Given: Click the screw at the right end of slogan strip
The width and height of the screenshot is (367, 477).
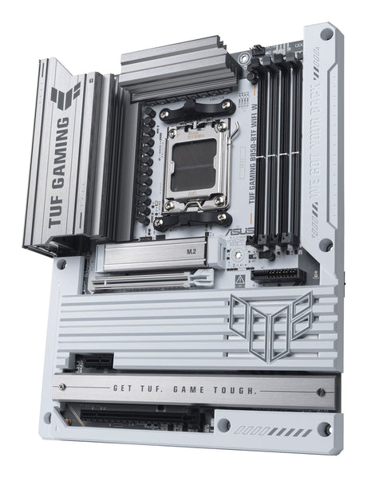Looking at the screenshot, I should [x=321, y=392].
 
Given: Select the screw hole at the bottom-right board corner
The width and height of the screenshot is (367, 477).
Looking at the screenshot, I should [x=324, y=428].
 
